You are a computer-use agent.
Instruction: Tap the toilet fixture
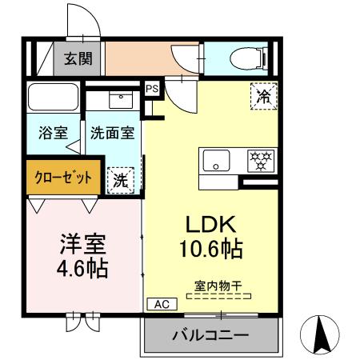[245, 57]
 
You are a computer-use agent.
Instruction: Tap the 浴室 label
[53, 133]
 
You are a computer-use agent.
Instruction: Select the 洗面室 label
[112, 133]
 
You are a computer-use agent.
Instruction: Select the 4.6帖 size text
[82, 266]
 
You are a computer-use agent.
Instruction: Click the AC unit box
[159, 304]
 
